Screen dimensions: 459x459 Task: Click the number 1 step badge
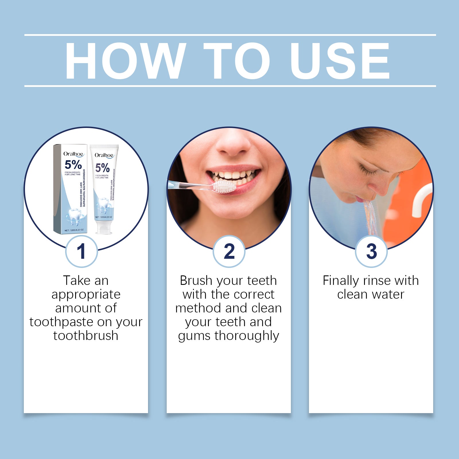(81, 251)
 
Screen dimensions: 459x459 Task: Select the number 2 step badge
(229, 251)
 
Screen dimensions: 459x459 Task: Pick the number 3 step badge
(371, 251)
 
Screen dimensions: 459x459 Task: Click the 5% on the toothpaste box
(73, 165)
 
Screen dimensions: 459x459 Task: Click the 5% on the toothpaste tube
(102, 168)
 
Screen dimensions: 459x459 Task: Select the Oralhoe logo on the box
(73, 154)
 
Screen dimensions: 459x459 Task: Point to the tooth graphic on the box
(73, 217)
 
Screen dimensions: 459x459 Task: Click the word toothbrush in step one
(86, 336)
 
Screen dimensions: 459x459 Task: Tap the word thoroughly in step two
(247, 336)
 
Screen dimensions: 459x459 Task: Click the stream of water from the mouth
(372, 218)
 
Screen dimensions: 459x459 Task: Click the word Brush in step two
(196, 281)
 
